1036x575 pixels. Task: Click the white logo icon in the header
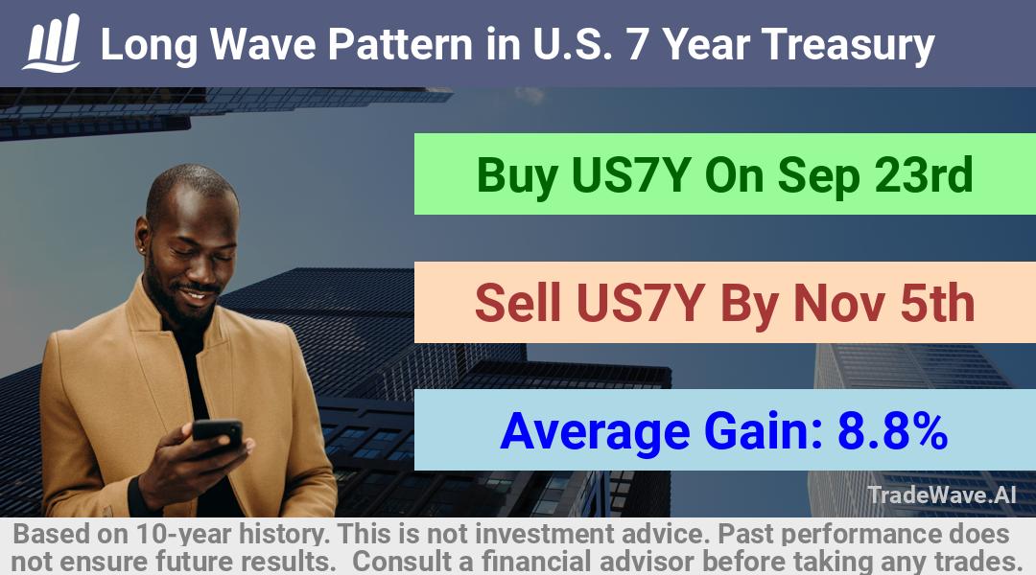[x=52, y=43]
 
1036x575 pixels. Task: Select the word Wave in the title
[x=263, y=44]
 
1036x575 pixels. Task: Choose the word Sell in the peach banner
[x=518, y=303]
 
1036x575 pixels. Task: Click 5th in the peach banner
[x=938, y=303]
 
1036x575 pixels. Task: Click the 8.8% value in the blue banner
[x=893, y=431]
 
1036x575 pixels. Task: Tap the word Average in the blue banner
[x=596, y=433]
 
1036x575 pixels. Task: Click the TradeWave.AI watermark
[x=941, y=494]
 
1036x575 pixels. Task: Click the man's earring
[x=142, y=249]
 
